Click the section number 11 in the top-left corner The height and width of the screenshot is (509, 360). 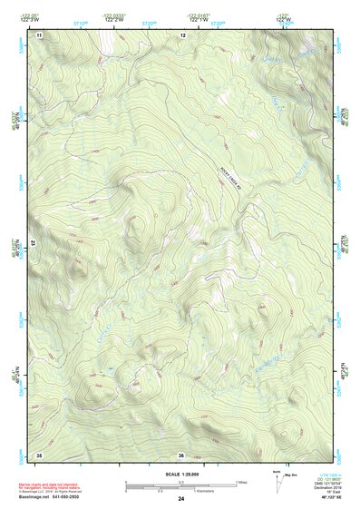(39, 34)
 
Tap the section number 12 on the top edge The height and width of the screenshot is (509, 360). (182, 34)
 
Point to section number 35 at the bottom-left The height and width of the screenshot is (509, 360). (39, 454)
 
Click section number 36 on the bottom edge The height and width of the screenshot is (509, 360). (181, 455)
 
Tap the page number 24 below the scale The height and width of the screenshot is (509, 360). (181, 499)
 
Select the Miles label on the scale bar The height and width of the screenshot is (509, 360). (242, 481)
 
